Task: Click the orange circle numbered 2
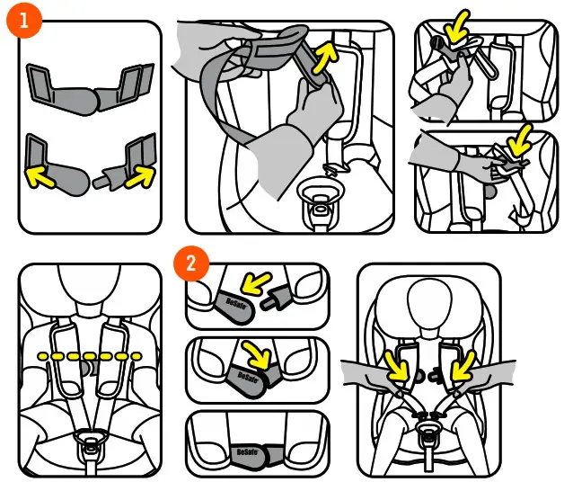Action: pos(189,263)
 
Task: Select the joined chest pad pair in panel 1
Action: pos(88,90)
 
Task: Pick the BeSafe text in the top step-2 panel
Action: pos(233,304)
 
